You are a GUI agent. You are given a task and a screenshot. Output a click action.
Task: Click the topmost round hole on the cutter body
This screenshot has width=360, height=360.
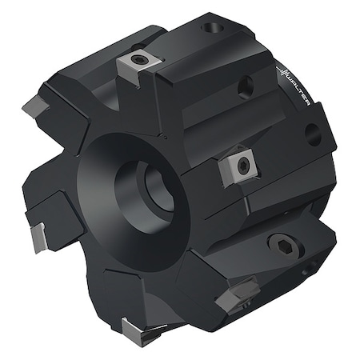pos(212,29)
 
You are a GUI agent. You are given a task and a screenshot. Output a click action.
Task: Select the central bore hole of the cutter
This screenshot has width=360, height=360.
pos(154,190)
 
